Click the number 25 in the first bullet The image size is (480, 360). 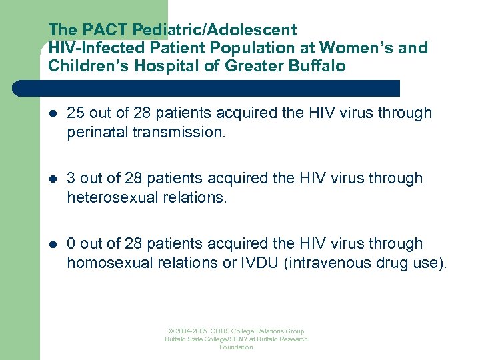(x=75, y=113)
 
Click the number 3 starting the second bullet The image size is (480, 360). (x=71, y=179)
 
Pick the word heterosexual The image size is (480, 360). (x=107, y=197)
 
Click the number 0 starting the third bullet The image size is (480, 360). (x=71, y=244)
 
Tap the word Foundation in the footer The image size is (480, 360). (x=236, y=347)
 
